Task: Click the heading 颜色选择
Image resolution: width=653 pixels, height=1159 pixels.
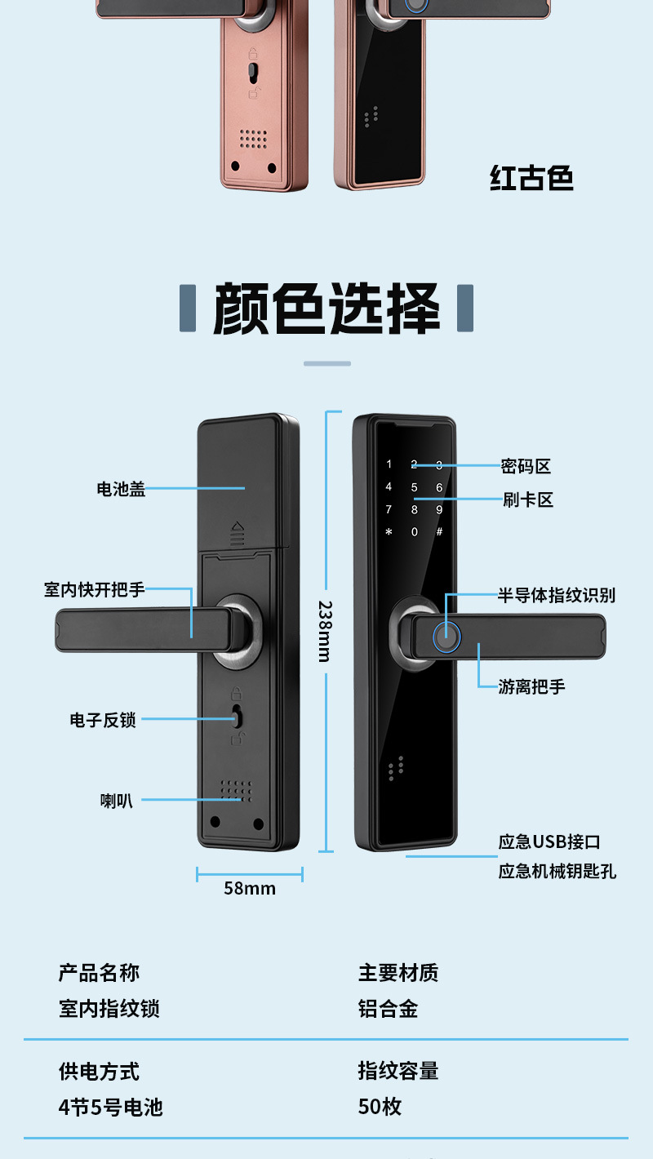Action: tap(326, 309)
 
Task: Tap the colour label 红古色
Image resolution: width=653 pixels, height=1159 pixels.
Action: tap(531, 177)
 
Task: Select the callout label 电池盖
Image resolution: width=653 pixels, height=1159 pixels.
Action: tap(121, 489)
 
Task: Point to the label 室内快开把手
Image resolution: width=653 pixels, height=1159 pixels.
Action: tap(95, 588)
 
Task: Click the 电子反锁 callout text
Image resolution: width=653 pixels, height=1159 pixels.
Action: tap(103, 720)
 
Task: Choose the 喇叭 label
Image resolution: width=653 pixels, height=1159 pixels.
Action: tap(116, 801)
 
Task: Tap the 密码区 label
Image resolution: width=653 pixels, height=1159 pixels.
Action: tap(526, 466)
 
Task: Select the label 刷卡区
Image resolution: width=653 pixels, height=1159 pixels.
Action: tap(527, 500)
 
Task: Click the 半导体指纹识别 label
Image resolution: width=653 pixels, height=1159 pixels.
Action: tap(557, 595)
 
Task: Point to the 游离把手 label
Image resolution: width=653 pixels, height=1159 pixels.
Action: tap(531, 686)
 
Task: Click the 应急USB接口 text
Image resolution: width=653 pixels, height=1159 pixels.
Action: tap(549, 841)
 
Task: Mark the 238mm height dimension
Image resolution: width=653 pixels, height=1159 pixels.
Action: tap(324, 631)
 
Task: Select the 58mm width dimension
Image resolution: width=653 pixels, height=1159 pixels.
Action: tap(250, 889)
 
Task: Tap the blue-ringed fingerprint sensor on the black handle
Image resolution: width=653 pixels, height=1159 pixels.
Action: tap(446, 637)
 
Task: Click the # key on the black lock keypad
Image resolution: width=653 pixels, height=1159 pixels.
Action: tap(439, 532)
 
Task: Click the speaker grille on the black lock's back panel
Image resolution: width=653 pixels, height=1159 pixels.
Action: tap(236, 790)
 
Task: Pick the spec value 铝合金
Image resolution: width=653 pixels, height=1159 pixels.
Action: tap(388, 1009)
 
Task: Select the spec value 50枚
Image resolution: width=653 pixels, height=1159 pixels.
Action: tap(380, 1107)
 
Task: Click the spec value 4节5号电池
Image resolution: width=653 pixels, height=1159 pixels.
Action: tap(110, 1108)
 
